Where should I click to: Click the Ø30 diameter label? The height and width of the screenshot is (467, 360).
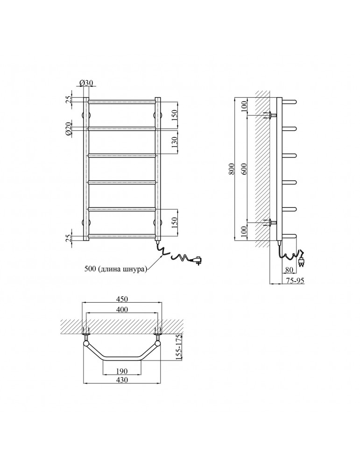tap(86, 83)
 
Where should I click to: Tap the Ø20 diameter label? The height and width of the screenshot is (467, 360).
tap(68, 129)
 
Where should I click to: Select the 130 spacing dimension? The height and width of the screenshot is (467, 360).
tap(175, 141)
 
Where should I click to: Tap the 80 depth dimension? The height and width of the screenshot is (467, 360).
tap(289, 270)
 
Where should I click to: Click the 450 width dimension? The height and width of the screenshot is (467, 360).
tap(122, 299)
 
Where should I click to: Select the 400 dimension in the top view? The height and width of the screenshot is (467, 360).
tap(122, 310)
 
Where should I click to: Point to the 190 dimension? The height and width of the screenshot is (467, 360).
tap(122, 371)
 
